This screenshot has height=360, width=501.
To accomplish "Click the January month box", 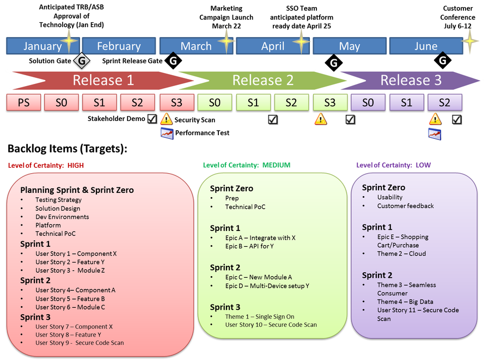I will click(x=42, y=46).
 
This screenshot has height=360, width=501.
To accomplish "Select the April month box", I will click(x=272, y=46).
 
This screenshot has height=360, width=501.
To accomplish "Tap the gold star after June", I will click(x=471, y=41).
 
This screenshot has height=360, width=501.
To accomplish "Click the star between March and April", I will click(x=227, y=41).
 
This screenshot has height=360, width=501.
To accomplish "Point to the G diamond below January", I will click(x=82, y=61).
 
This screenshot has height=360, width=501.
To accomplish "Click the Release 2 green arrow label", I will click(x=262, y=81).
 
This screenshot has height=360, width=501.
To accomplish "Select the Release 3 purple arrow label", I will click(x=411, y=81).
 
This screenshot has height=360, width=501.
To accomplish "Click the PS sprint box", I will click(x=23, y=102).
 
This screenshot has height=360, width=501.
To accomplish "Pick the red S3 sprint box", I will click(x=176, y=102).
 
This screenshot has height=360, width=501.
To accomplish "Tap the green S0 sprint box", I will click(x=215, y=102).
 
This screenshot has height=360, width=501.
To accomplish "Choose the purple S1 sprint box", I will click(x=406, y=102).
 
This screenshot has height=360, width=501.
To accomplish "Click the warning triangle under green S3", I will click(x=320, y=119).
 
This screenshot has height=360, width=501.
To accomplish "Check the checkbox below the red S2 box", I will click(x=152, y=119).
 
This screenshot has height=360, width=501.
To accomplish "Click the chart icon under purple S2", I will click(x=435, y=134).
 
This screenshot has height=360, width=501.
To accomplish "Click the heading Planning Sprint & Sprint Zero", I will click(x=77, y=190).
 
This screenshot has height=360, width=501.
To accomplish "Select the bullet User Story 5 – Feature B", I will click(x=70, y=298).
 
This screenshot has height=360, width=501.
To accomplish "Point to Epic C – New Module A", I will click(x=259, y=277).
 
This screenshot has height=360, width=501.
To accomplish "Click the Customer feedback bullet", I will click(x=405, y=206).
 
